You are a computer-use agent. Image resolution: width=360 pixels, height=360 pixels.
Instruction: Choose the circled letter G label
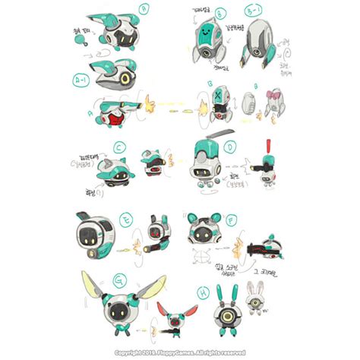coord(118,283)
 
